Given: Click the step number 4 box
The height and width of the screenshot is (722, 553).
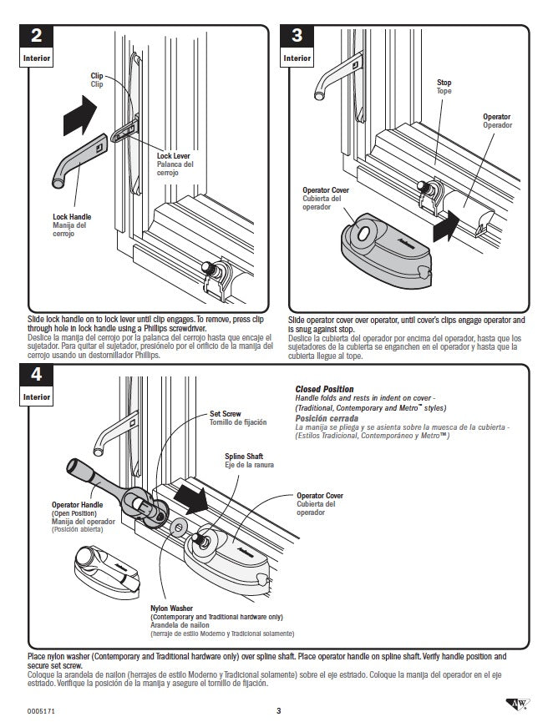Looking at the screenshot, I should (x=36, y=375).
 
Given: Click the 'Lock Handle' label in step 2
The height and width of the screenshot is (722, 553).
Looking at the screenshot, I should (x=72, y=217).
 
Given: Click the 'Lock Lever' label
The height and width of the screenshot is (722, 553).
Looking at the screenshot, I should (x=173, y=156).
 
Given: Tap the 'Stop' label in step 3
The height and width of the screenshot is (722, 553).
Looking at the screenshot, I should (x=444, y=83).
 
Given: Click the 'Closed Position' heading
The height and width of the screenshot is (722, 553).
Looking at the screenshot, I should (x=324, y=389).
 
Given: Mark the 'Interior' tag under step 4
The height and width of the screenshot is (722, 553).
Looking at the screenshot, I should (x=36, y=397).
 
